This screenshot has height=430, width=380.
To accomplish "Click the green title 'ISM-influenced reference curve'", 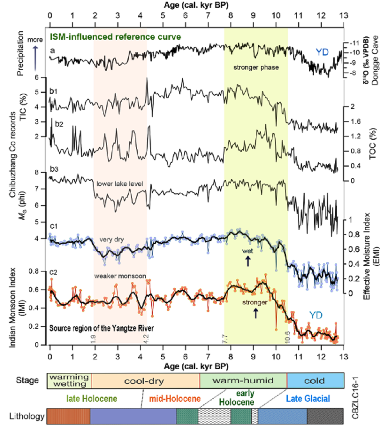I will click(115, 37).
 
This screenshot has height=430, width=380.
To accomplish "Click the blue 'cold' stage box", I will click(316, 381).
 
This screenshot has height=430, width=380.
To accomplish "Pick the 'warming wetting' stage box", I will click(69, 381).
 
